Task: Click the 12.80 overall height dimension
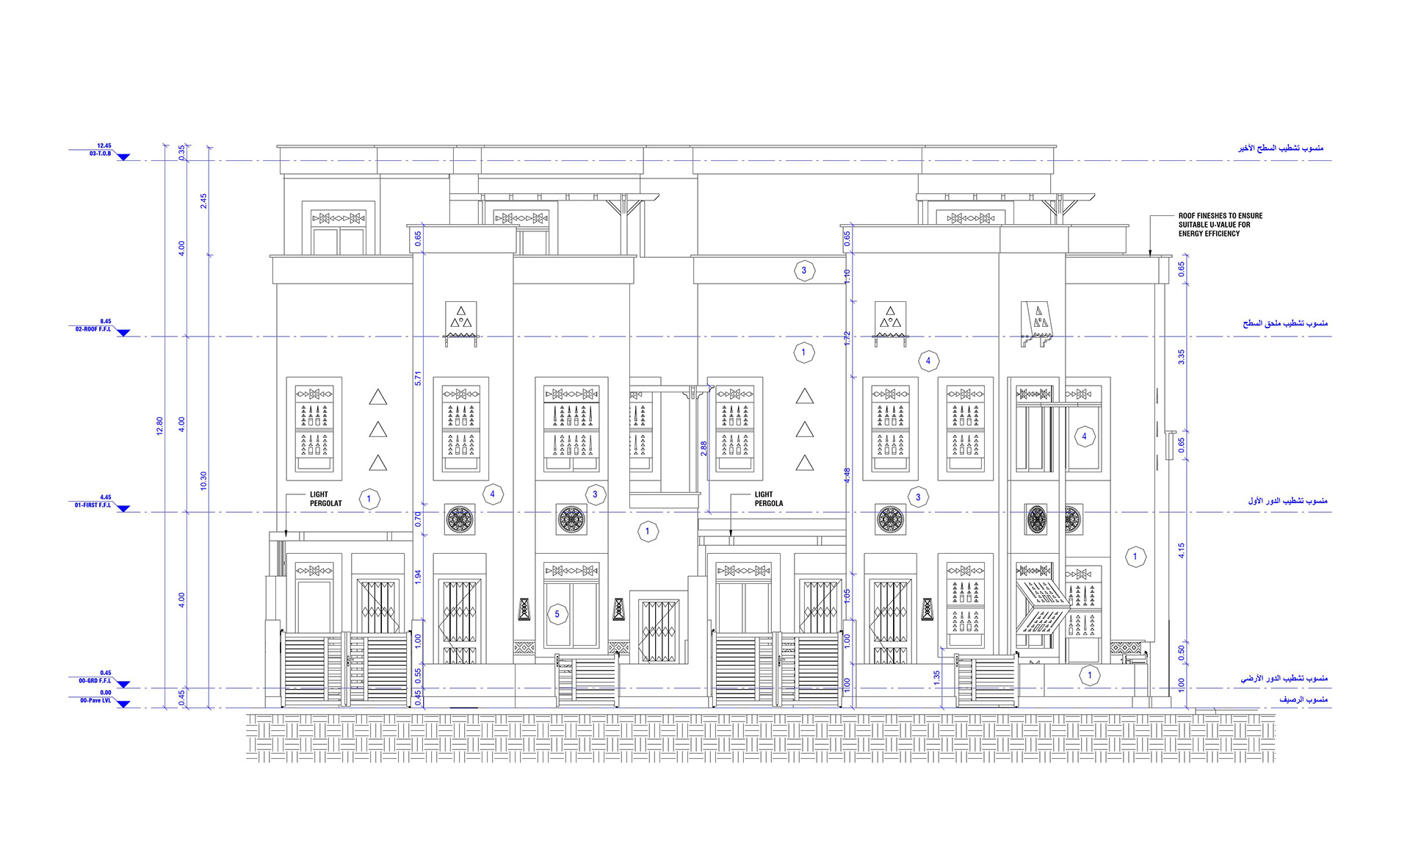coord(159,426)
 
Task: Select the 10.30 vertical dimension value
coord(203,480)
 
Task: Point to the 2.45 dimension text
coord(203,201)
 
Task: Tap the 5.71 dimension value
coord(418,378)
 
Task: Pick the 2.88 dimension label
coord(704,448)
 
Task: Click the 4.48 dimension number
coord(847,475)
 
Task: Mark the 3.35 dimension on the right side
coord(1181,357)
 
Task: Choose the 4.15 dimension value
coord(1181,550)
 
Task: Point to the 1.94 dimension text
coord(418,577)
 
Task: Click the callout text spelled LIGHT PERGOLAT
coord(325,499)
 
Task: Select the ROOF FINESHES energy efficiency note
coord(1220,225)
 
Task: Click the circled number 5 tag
coord(557,614)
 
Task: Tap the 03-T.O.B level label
coord(101,154)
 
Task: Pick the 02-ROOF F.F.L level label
coord(93,329)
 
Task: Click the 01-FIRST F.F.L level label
coord(93,505)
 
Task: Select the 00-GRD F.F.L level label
coord(95,681)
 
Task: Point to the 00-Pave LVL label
coord(95,701)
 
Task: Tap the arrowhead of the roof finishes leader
coord(1150,253)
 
